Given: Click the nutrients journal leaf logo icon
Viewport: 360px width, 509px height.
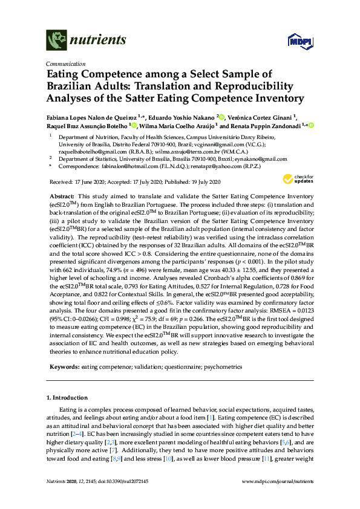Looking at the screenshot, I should click(x=56, y=41).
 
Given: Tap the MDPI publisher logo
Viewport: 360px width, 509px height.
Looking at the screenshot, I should click(x=301, y=41).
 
